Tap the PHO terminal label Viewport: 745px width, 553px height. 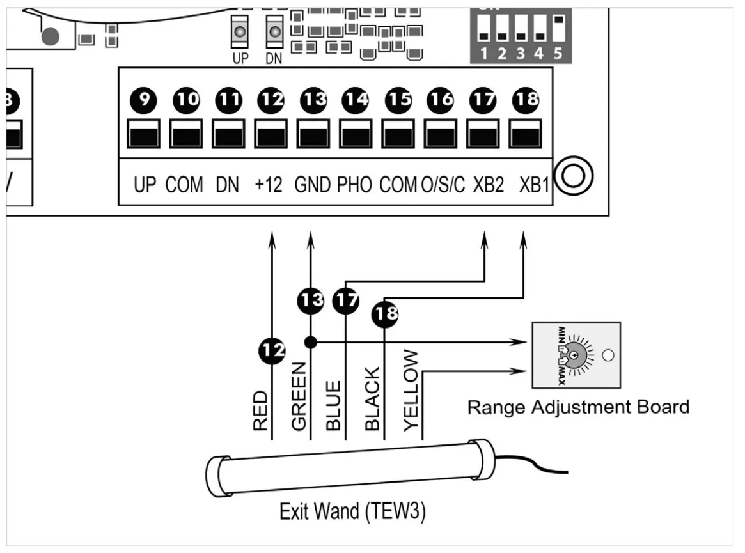[354, 185]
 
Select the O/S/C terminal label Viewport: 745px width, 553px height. [443, 185]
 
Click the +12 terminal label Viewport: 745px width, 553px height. [269, 185]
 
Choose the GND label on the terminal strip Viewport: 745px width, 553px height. [312, 185]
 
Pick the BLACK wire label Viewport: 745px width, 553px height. [372, 398]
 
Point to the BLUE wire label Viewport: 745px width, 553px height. [334, 405]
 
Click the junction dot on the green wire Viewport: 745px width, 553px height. [311, 342]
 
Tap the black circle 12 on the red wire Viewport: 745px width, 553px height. [272, 350]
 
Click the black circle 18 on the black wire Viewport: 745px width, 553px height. [384, 313]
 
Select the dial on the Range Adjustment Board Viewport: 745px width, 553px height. [575, 355]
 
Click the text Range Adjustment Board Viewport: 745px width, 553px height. [578, 407]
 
